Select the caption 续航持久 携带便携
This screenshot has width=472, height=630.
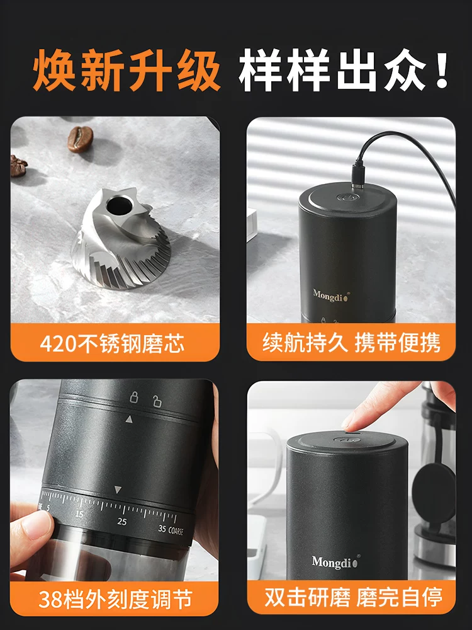(x=351, y=343)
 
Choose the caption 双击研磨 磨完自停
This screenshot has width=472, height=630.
(x=351, y=597)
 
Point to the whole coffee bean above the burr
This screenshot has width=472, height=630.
(x=80, y=137)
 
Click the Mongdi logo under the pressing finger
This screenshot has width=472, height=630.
(x=334, y=561)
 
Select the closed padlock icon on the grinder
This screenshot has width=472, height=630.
(x=133, y=397)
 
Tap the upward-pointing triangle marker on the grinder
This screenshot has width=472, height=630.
(x=129, y=419)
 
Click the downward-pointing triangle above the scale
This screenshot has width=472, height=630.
(x=118, y=490)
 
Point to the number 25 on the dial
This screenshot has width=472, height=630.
(x=122, y=522)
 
